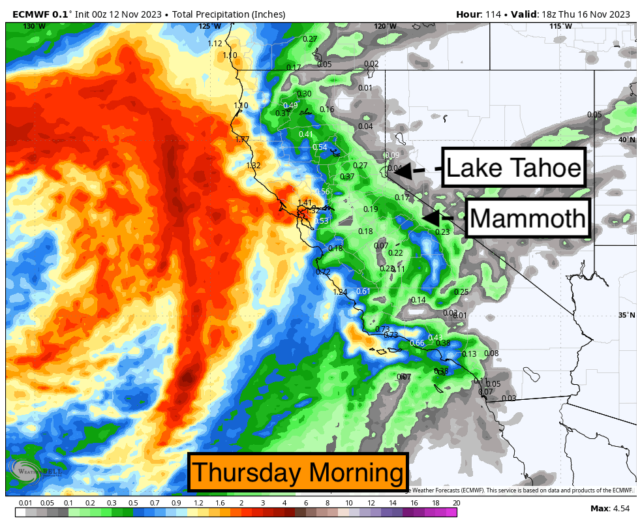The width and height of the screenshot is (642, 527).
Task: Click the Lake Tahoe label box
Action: coord(513,169)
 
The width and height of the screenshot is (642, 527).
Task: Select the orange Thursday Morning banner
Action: coord(298,472)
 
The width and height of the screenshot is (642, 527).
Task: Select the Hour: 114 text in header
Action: coord(480,14)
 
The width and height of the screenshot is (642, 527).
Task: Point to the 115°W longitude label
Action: coord(560,26)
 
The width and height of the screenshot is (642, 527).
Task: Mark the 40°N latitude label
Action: coord(626,140)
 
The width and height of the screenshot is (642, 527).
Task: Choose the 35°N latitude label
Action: coord(626,315)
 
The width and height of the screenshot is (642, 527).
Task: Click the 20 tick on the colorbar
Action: coord(456,503)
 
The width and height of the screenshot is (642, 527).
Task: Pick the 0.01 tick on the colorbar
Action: coord(25,503)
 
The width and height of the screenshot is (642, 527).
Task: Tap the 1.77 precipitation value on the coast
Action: coord(243,140)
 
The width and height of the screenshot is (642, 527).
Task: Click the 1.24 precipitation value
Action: coord(340,292)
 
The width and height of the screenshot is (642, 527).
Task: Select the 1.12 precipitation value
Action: coord(215,44)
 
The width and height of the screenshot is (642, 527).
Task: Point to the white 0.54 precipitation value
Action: coord(320,147)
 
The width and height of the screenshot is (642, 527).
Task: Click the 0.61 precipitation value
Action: coord(363,291)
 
